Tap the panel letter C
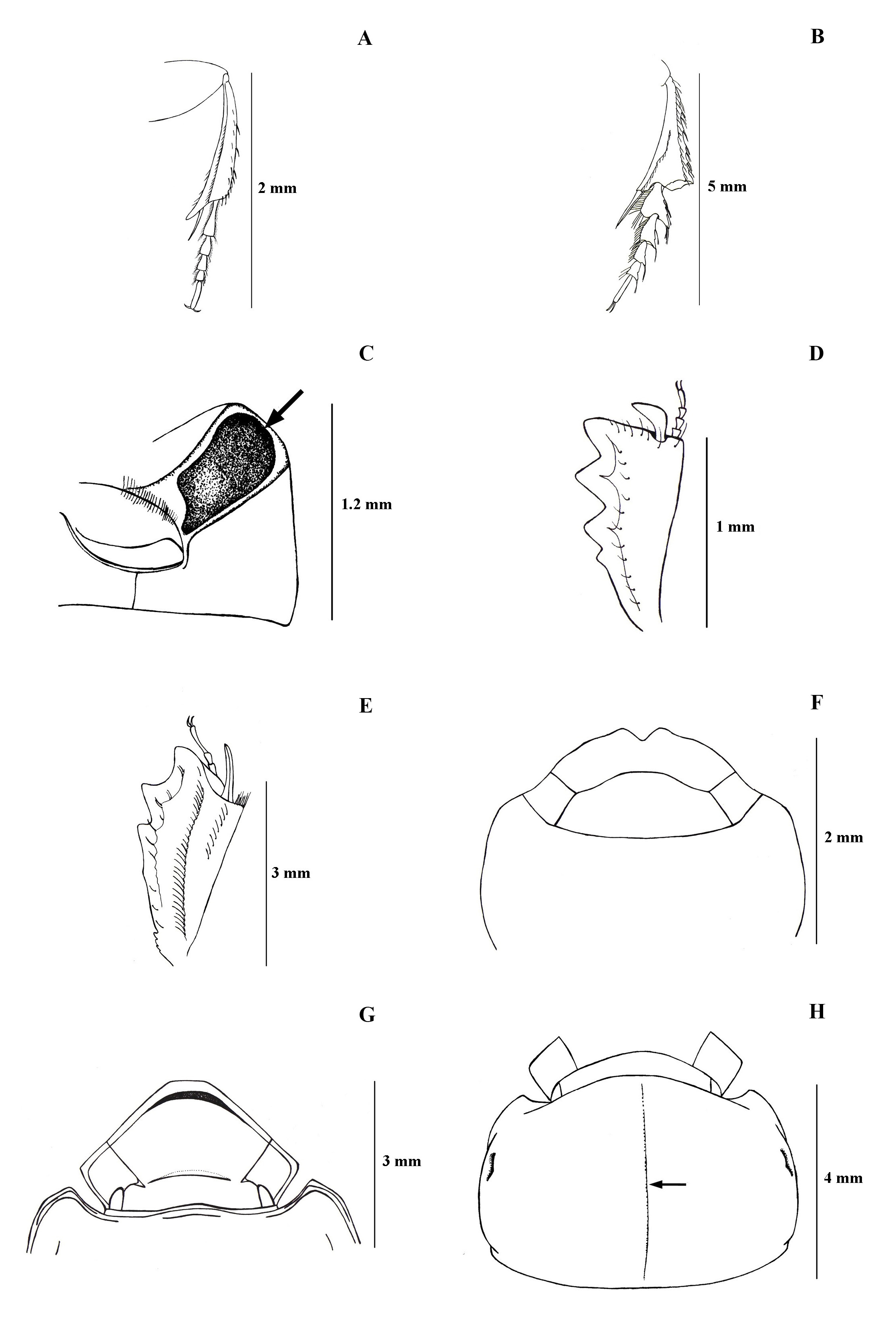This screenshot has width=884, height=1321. [x=366, y=353]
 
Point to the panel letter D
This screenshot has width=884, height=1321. [x=816, y=353]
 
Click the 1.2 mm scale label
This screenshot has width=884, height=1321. [x=366, y=504]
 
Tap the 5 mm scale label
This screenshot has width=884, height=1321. [x=727, y=187]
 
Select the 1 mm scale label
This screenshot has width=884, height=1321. [x=735, y=527]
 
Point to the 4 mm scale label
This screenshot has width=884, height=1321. [x=844, y=1178]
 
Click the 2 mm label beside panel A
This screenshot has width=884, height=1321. [x=277, y=188]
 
